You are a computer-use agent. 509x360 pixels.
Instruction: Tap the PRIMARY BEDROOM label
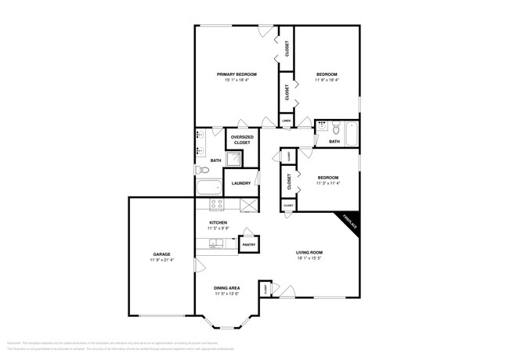[x=236, y=74]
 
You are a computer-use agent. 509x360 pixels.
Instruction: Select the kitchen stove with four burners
[x=217, y=203]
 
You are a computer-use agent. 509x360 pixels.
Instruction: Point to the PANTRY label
[x=249, y=245]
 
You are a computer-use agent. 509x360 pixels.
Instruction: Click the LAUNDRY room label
[x=240, y=183]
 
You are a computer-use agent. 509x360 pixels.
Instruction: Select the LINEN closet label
[x=287, y=121]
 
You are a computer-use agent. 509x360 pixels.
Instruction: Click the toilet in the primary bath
[x=201, y=169]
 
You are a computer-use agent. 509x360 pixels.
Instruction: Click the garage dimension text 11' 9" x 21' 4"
[x=162, y=260]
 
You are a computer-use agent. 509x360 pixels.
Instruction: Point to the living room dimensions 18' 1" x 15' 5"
[x=309, y=257]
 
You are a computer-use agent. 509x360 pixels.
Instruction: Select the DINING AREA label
[x=227, y=288]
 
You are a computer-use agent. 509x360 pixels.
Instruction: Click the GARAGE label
[x=162, y=254]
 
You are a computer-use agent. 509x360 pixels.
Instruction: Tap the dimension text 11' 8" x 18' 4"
[x=327, y=79]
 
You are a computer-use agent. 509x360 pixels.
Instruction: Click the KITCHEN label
[x=218, y=223]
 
